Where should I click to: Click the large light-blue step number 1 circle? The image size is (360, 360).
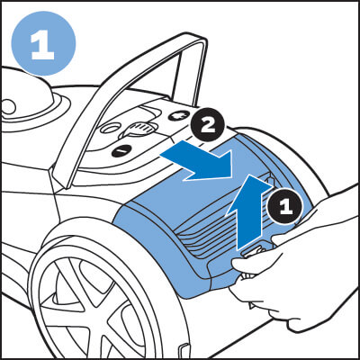click(43, 43)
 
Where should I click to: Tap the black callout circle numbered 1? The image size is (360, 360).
click(285, 206)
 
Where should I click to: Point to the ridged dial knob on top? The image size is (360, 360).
click(140, 130)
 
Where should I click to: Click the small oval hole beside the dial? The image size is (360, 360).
click(110, 129)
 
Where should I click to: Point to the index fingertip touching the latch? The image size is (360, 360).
click(240, 264)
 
